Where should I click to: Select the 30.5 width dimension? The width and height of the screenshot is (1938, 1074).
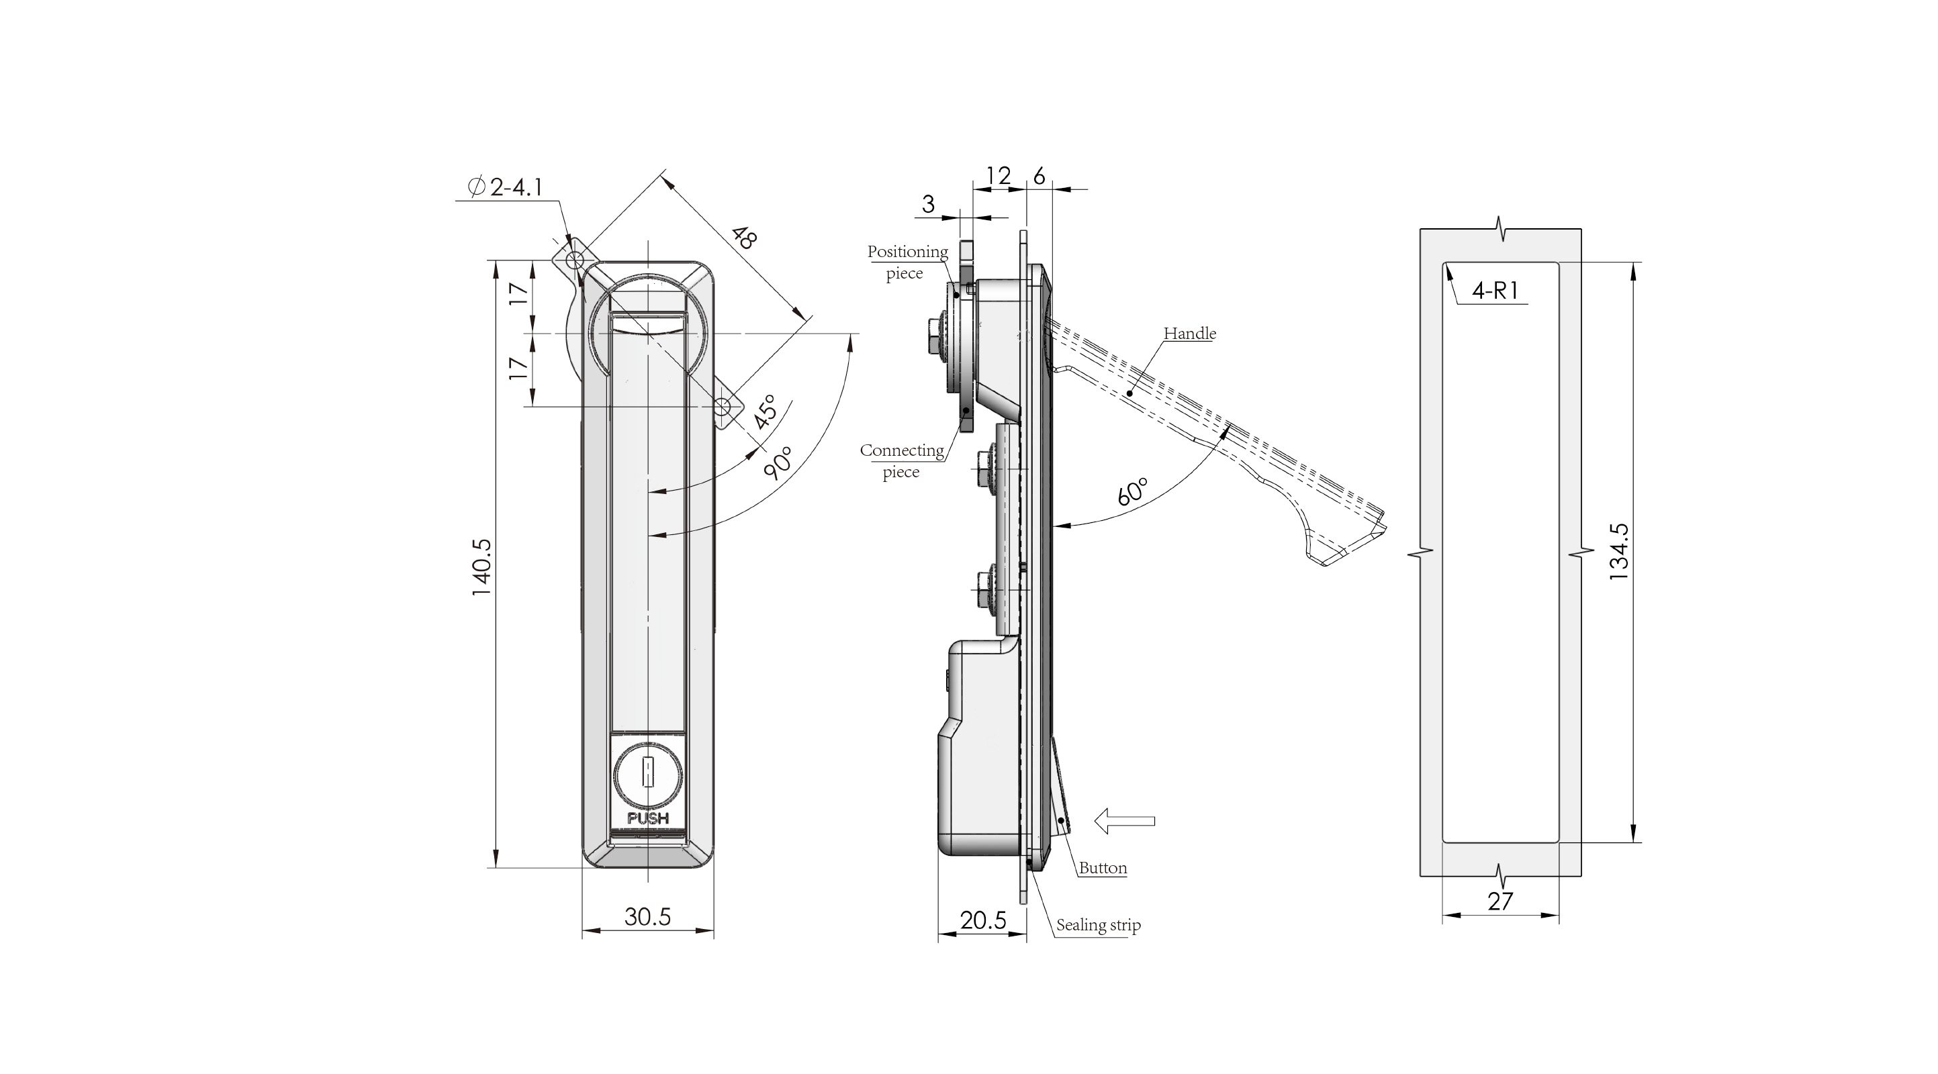point(647,917)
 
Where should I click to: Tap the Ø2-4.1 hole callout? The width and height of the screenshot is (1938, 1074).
point(506,187)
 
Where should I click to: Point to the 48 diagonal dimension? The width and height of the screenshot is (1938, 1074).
point(743,238)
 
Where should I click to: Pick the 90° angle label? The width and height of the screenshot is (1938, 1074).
point(779,462)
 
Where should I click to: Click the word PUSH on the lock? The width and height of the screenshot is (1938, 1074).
point(648,818)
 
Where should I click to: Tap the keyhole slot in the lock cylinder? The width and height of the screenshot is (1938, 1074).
point(647,773)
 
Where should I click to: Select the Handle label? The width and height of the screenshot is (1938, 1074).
point(1189,333)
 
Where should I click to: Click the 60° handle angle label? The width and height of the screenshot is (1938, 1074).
point(1132,491)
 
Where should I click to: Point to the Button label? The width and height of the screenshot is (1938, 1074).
point(1102,868)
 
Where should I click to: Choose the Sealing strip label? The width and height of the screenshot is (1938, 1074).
point(1098,925)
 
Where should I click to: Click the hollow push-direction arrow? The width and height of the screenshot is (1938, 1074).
point(1124,820)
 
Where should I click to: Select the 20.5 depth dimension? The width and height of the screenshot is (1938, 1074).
point(982,920)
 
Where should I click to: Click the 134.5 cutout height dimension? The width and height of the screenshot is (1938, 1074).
point(1618,551)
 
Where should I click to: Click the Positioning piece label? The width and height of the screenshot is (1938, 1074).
point(907,262)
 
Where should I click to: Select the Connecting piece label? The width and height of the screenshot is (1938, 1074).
point(901,460)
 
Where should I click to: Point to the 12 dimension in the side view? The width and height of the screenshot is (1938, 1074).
point(999,176)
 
